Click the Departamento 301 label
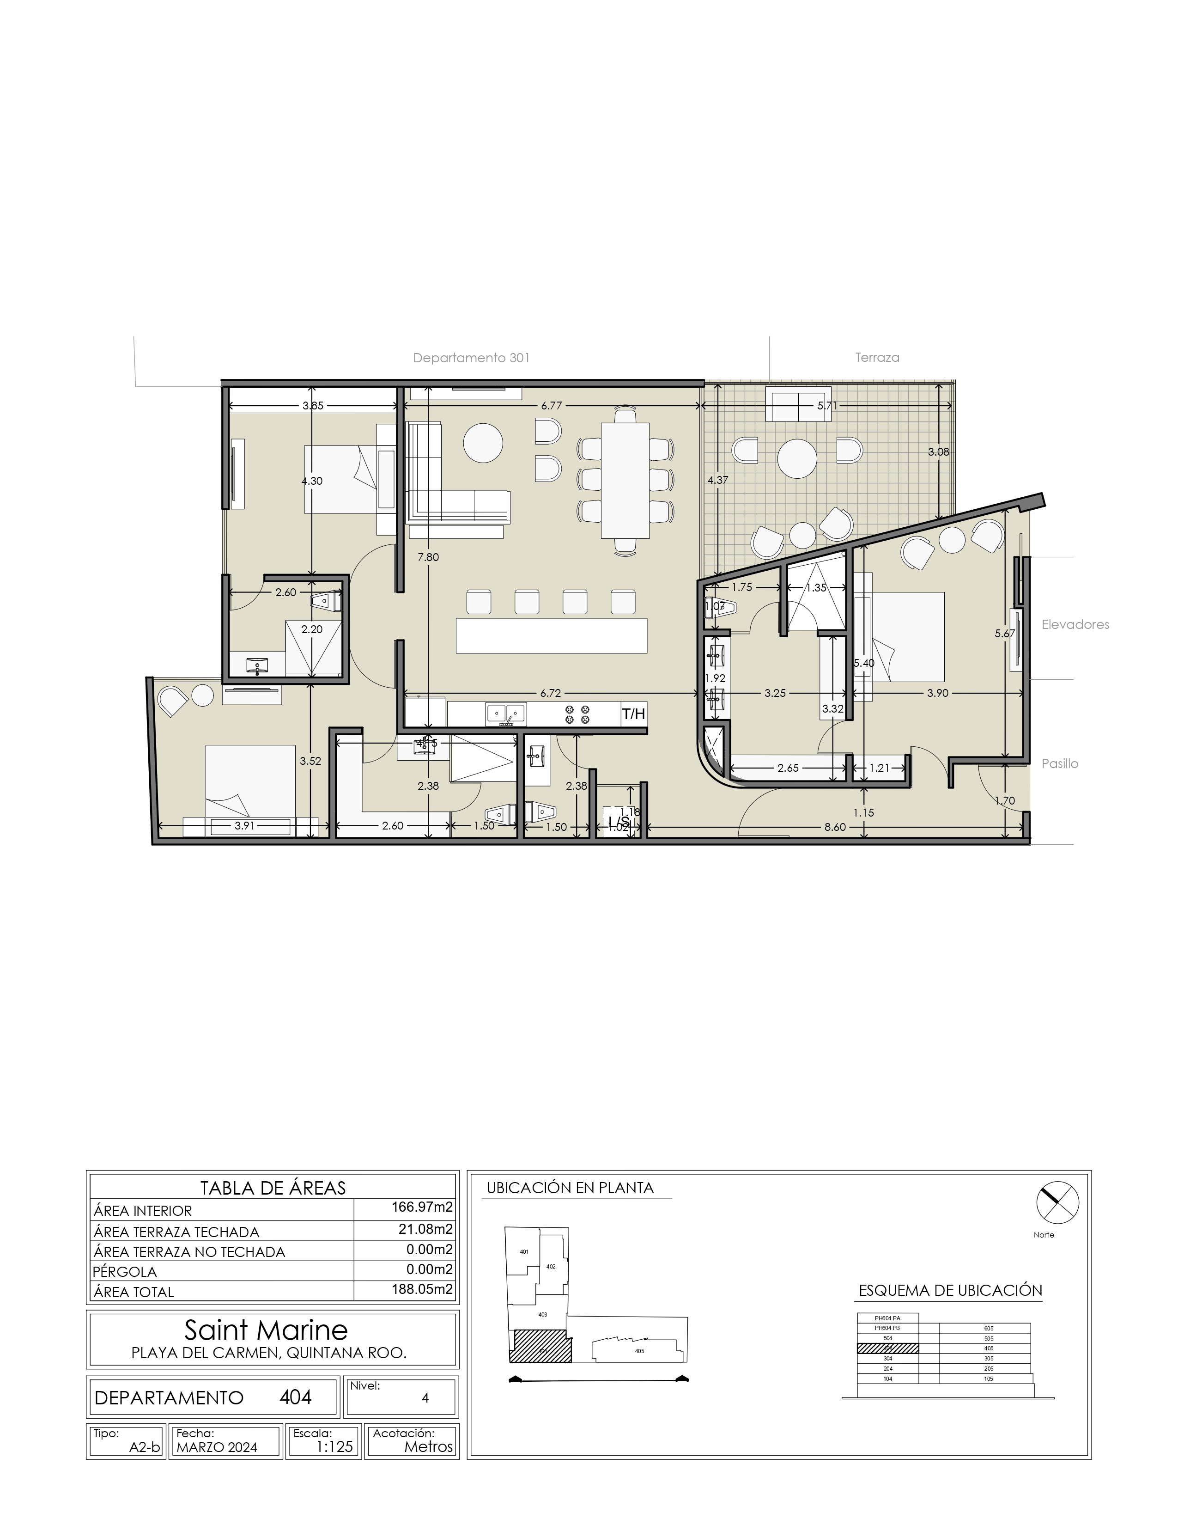(x=471, y=358)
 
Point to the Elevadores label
(x=1075, y=624)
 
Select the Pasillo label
(x=1059, y=763)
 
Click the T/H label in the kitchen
(x=633, y=714)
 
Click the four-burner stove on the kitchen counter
(x=577, y=714)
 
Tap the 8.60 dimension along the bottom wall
(x=835, y=827)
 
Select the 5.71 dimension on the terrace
(x=827, y=405)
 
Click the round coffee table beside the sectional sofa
(x=483, y=443)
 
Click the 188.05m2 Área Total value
(x=421, y=1289)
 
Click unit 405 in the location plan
(x=639, y=1350)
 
